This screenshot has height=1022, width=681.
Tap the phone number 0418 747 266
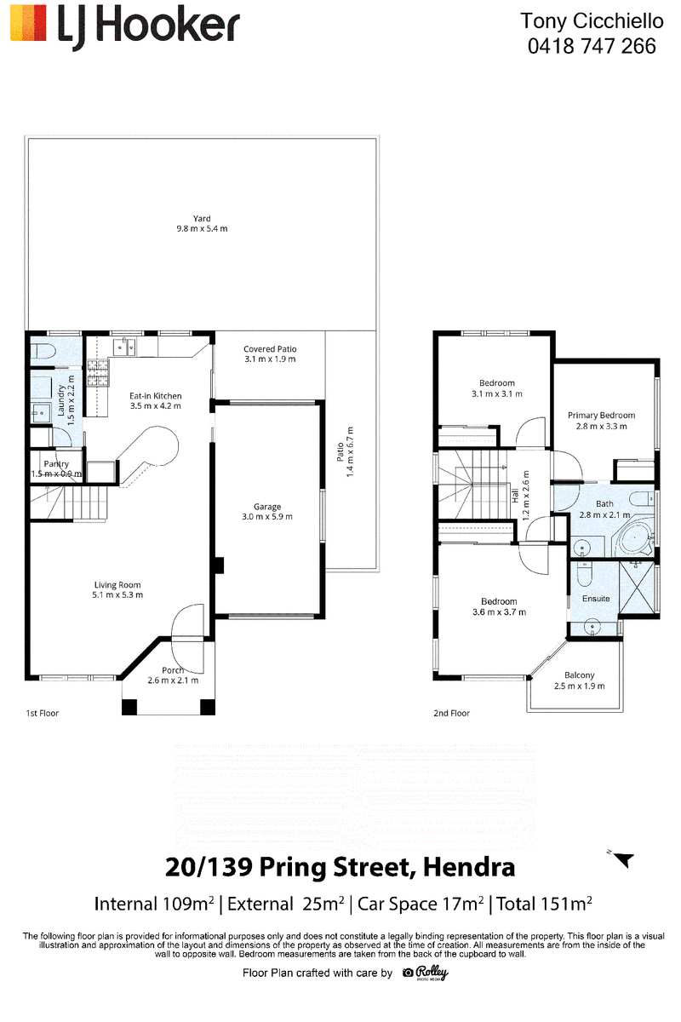click(x=592, y=46)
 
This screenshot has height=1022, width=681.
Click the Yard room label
click(x=202, y=219)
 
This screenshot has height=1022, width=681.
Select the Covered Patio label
click(x=270, y=349)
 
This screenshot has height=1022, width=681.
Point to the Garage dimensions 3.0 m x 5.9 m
click(x=267, y=516)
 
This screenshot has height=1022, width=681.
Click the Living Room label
click(x=117, y=585)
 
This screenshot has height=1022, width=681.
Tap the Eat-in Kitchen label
click(x=156, y=396)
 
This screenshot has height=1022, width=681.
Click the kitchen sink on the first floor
click(x=123, y=347)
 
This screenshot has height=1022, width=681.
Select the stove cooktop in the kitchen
click(x=99, y=373)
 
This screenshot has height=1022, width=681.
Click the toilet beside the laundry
click(x=43, y=352)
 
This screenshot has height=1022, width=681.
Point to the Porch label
click(x=173, y=670)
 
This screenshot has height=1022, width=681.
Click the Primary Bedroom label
click(x=601, y=416)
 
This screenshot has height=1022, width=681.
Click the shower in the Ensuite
click(x=637, y=587)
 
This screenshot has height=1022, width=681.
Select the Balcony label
click(x=580, y=675)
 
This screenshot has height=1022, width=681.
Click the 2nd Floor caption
click(x=451, y=713)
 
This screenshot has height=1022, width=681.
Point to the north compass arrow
click(x=623, y=860)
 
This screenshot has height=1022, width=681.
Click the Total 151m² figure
click(x=544, y=904)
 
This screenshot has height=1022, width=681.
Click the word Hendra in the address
click(x=469, y=867)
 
